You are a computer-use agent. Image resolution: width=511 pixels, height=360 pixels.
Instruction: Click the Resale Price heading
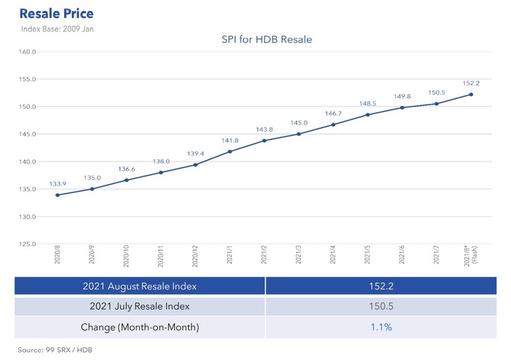coord(57,14)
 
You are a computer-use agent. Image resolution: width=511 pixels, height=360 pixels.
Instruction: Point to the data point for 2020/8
coord(57,195)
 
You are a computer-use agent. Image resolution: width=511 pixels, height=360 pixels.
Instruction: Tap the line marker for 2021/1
coord(230,151)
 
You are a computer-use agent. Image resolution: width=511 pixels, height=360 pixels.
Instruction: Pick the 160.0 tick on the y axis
coord(27,52)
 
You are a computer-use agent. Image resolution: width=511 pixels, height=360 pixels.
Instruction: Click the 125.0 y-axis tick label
coord(27,243)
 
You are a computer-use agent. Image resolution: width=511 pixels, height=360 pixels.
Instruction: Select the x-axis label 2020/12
coord(195,259)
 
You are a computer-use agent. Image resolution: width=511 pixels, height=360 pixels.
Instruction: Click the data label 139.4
coord(195,154)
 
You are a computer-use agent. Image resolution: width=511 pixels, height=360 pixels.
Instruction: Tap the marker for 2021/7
coord(436,104)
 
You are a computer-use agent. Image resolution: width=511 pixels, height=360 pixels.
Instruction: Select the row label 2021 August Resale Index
coord(139,286)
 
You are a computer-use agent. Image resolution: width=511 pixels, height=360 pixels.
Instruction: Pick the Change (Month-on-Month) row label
coord(139,327)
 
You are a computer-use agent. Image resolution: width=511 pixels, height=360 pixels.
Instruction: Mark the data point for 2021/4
coord(333,125)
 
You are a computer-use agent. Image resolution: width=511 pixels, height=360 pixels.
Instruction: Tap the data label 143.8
coord(264,130)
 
